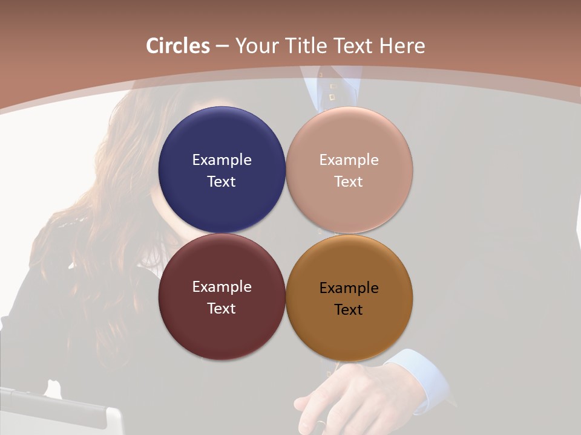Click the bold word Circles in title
178,46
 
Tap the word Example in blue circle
222,160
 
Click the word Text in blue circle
222,182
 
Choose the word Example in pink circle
349,160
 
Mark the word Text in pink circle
349,182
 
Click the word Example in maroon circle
222,287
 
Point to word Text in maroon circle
222,309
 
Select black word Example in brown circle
349,288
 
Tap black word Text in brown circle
349,310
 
